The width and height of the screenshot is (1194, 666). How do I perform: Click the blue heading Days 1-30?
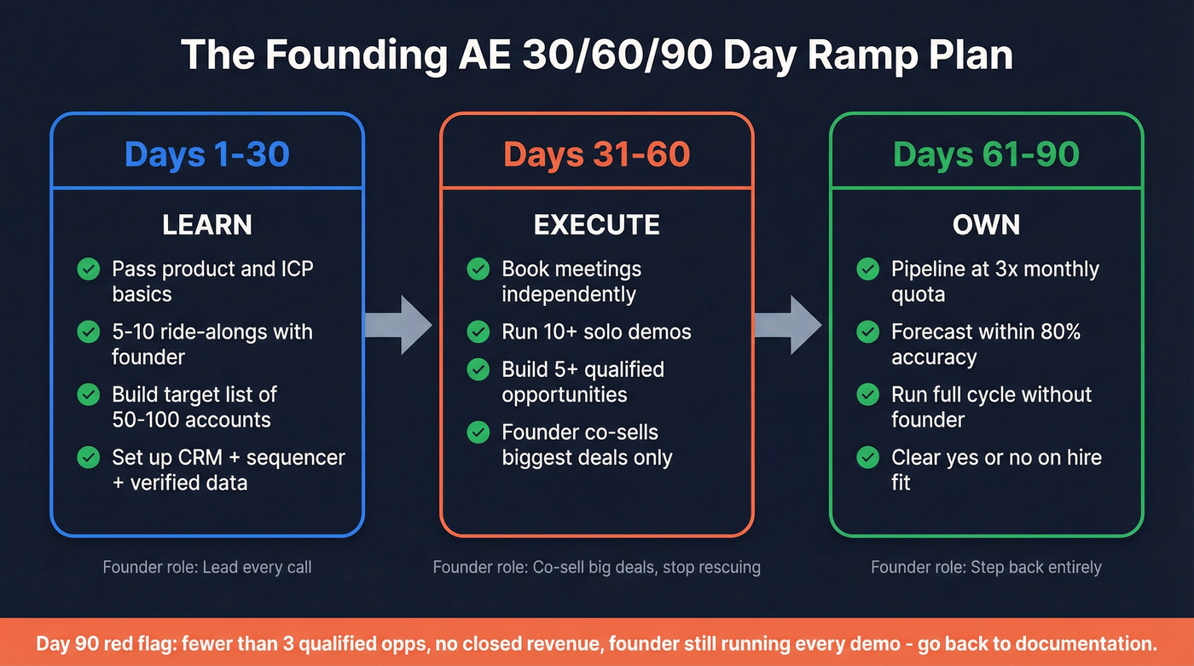pos(207,154)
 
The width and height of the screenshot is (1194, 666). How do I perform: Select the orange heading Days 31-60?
pos(596,154)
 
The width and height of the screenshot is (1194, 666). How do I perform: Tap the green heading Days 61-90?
pos(986,154)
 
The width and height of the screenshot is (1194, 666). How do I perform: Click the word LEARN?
pos(207,225)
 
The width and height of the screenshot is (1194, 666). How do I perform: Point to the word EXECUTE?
pos(596,225)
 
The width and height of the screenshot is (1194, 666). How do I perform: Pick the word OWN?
pos(986,225)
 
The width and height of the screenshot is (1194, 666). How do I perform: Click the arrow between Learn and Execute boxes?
pos(399,324)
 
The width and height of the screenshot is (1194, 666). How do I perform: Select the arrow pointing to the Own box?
pos(788,324)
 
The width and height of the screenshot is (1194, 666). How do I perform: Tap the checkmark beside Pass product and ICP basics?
pos(89,269)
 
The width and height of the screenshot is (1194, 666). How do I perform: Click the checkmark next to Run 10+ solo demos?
pos(478,332)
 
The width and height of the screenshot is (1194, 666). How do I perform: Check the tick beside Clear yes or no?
pos(867,458)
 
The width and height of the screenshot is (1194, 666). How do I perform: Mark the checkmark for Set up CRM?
pos(89,458)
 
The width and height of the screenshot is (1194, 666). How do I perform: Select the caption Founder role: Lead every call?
pos(207,567)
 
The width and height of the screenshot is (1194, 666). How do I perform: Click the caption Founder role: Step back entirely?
pos(986,567)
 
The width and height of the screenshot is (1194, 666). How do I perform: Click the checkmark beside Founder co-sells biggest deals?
pos(478,432)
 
